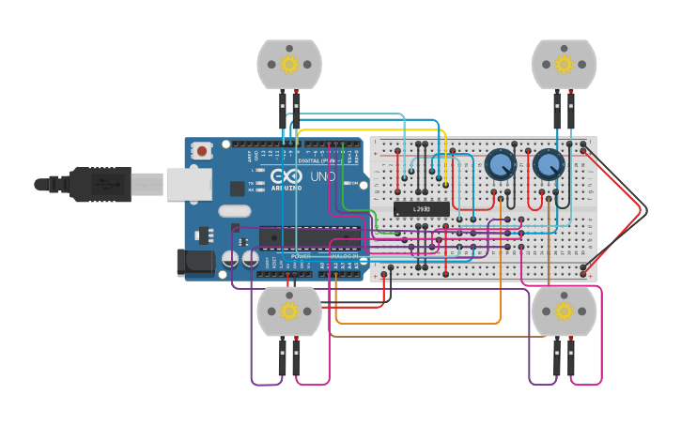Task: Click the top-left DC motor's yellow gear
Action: pos(289,65)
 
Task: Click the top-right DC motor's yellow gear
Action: pos(564,64)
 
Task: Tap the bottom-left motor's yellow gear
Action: pos(289,311)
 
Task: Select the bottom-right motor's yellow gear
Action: pos(564,311)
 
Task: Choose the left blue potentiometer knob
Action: pos(500,166)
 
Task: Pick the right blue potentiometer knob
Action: pos(548,166)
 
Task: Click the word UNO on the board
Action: pos(323,176)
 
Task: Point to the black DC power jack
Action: pos(195,263)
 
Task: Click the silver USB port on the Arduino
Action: pos(188,185)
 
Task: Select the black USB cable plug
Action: pos(100,185)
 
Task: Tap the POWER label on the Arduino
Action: pos(301,256)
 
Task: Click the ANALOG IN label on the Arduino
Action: pos(343,256)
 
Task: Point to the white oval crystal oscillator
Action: pos(235,211)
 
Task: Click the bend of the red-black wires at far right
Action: pos(643,209)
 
